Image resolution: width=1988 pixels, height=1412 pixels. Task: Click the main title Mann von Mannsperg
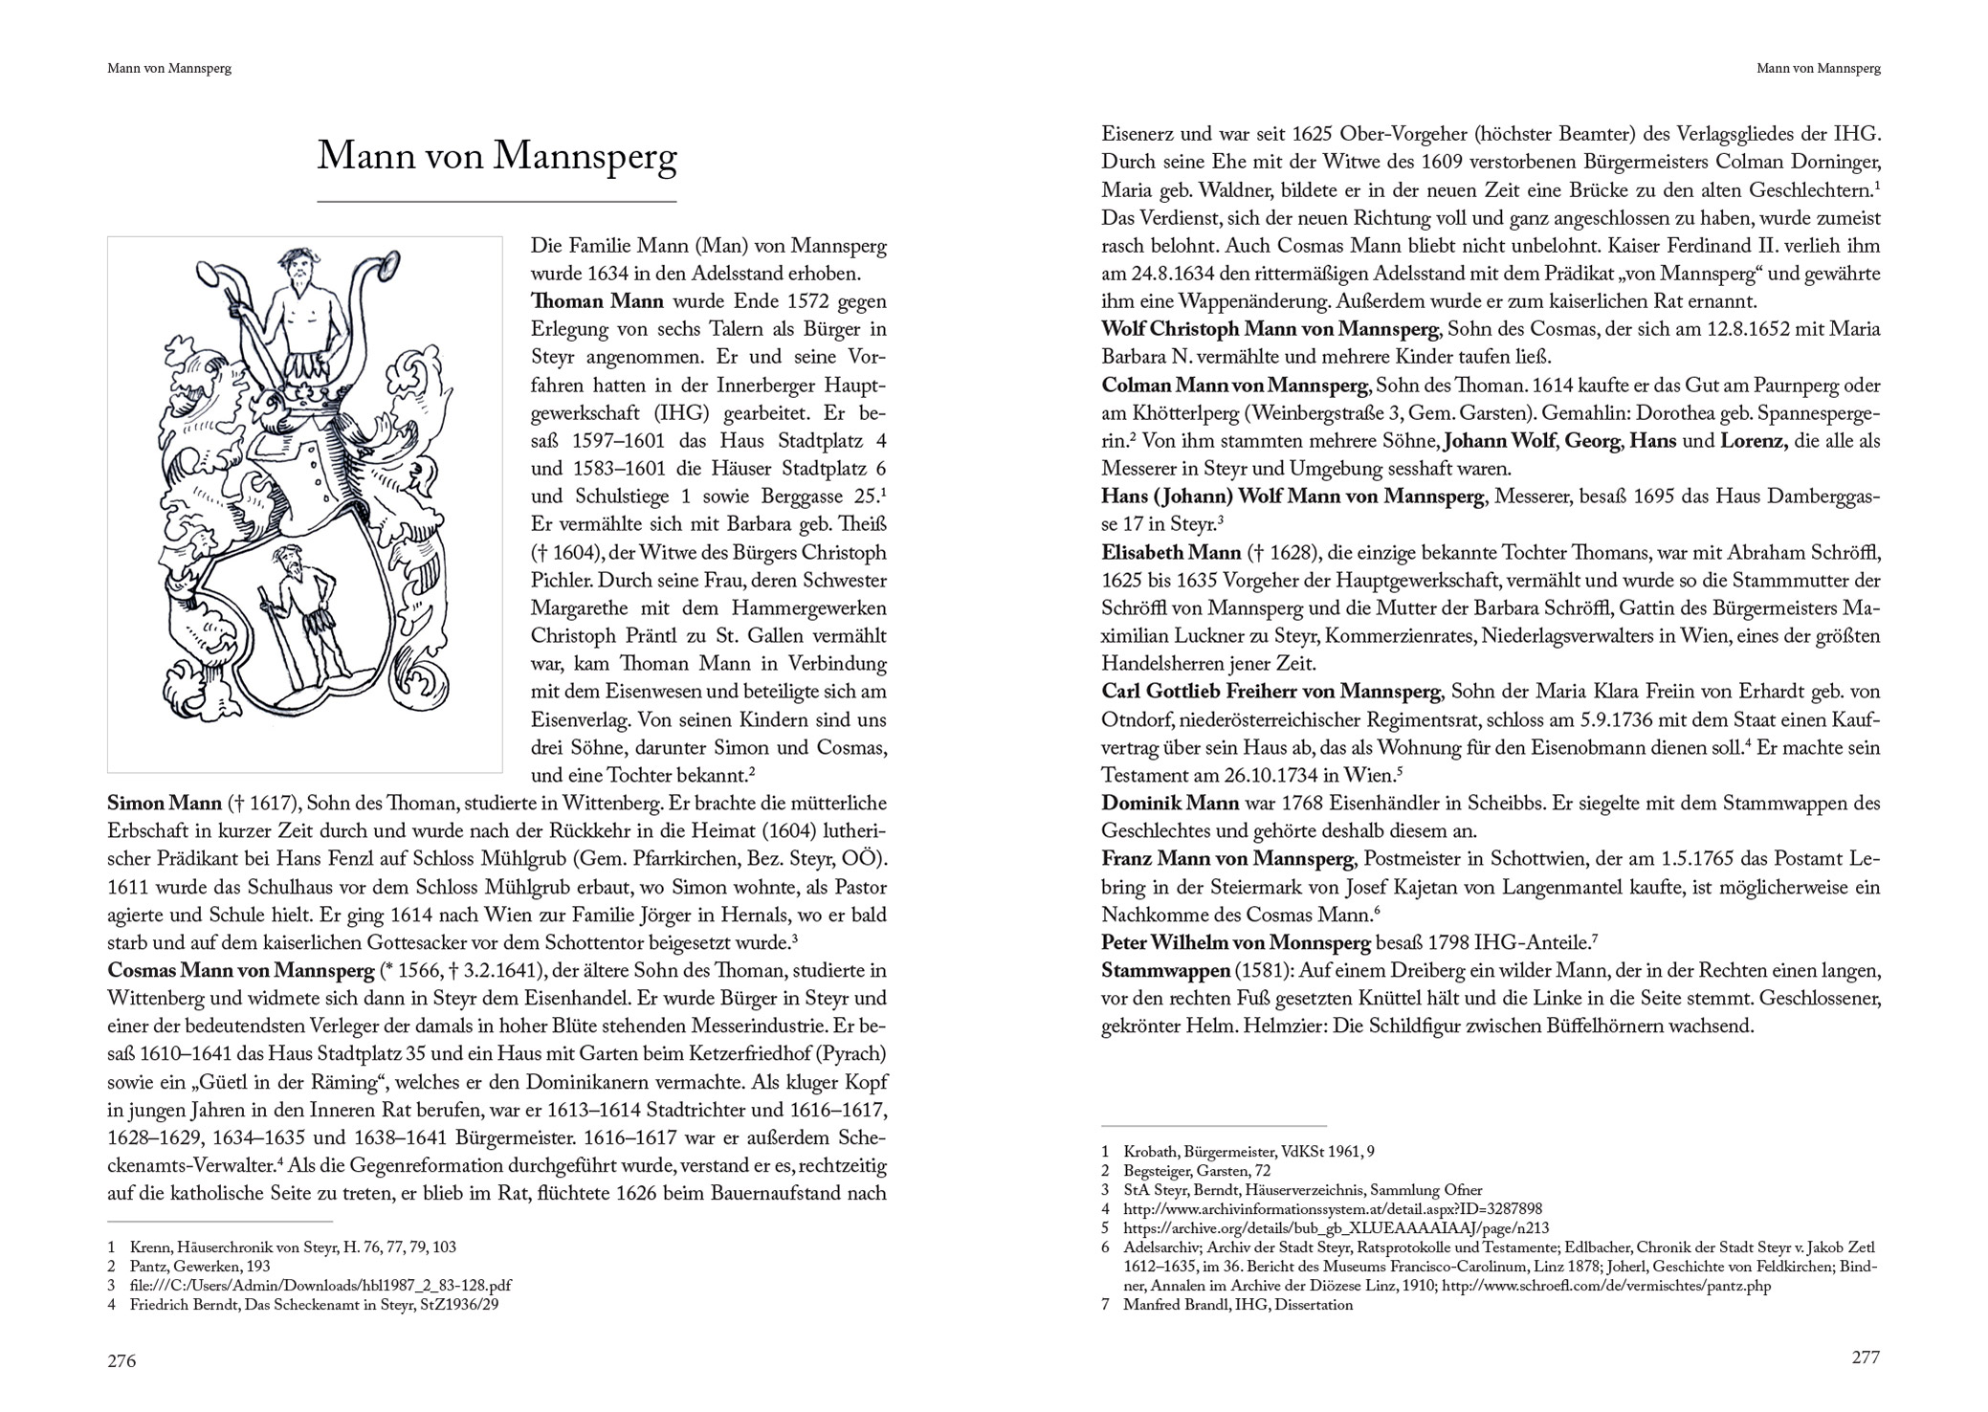(497, 157)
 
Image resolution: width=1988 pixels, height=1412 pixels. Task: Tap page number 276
(121, 1360)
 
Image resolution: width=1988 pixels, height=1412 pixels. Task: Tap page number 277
(1866, 1357)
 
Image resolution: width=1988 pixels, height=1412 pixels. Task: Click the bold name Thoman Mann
(597, 301)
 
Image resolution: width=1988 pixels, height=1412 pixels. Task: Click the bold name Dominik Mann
(1169, 804)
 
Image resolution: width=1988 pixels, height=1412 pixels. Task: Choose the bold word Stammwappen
(1165, 971)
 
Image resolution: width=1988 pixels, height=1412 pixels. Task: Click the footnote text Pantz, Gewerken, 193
(200, 1267)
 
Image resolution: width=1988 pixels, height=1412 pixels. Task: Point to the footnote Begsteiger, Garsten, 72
(1197, 1171)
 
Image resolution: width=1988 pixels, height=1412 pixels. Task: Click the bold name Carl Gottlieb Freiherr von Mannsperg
(1270, 692)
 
